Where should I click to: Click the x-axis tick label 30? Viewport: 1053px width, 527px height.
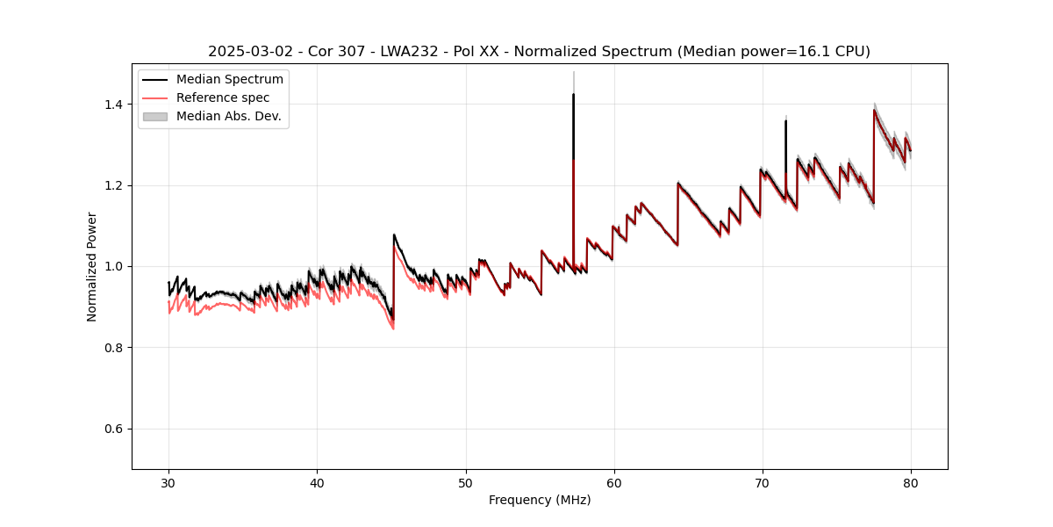click(x=168, y=482)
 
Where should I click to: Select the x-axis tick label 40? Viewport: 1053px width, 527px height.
click(x=317, y=482)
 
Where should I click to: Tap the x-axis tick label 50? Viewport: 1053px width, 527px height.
click(x=466, y=482)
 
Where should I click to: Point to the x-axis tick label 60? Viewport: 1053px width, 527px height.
click(x=614, y=482)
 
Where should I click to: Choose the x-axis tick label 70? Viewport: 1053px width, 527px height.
click(x=763, y=482)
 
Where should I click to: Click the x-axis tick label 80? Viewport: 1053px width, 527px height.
click(x=911, y=482)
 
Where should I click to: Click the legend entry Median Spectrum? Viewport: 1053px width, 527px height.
click(x=229, y=80)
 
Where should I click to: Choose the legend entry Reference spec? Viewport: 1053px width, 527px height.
click(x=223, y=98)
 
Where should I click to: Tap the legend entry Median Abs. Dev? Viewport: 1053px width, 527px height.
click(x=228, y=116)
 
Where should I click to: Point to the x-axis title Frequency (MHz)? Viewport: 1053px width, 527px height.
click(x=540, y=500)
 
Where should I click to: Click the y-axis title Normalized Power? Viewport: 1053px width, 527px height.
click(x=92, y=266)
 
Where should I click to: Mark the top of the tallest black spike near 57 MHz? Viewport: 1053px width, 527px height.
click(x=573, y=95)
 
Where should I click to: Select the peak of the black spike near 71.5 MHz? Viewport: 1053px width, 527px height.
click(x=785, y=121)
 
